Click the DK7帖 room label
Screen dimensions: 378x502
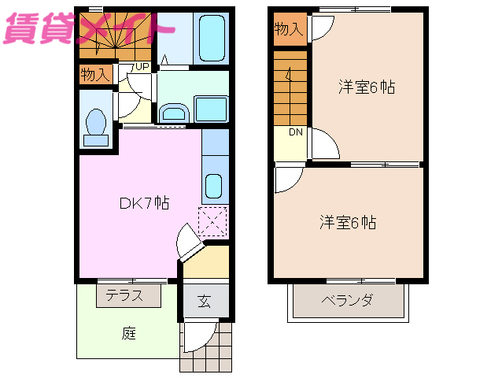tap(144, 203)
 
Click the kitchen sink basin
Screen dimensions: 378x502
tap(214, 187)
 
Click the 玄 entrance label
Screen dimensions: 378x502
tap(204, 300)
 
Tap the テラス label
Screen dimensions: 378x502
tap(129, 296)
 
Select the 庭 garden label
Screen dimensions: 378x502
tap(129, 333)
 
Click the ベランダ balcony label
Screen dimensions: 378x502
tap(347, 300)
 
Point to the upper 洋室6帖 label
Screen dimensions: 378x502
tap(367, 87)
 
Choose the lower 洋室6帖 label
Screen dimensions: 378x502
tap(347, 222)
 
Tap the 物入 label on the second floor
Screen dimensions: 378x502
tap(288, 30)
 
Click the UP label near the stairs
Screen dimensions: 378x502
tap(142, 67)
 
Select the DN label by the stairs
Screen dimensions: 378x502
tap(295, 132)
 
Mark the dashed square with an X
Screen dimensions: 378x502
tap(213, 221)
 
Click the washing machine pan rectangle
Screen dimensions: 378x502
tap(209, 108)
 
